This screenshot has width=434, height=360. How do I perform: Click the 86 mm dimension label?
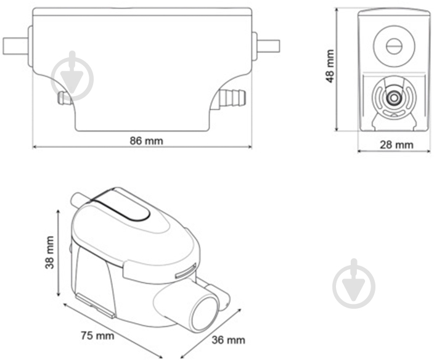[146, 140]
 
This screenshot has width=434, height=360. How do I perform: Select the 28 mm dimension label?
[396, 144]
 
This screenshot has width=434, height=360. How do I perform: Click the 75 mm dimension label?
[97, 336]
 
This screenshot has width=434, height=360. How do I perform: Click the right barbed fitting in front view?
[233, 96]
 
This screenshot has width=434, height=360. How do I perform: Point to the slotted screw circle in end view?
[392, 45]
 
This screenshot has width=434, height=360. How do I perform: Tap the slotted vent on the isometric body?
[186, 269]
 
